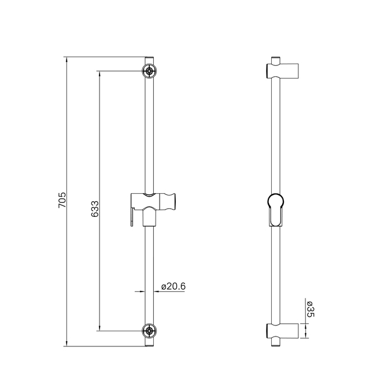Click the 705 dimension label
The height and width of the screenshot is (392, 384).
coord(62,199)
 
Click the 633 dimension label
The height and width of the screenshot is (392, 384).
coord(95,209)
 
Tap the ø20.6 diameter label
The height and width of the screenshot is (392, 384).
coord(173,286)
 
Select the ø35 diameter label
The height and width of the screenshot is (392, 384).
coord(310,309)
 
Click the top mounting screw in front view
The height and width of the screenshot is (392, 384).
coord(149,71)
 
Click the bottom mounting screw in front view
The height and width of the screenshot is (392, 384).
coord(149,331)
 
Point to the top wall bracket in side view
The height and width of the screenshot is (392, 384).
coord(282,71)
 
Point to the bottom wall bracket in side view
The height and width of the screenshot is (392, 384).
coord(282,331)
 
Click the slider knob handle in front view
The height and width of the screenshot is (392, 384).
coord(168,202)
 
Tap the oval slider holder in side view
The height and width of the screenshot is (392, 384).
coord(276,209)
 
